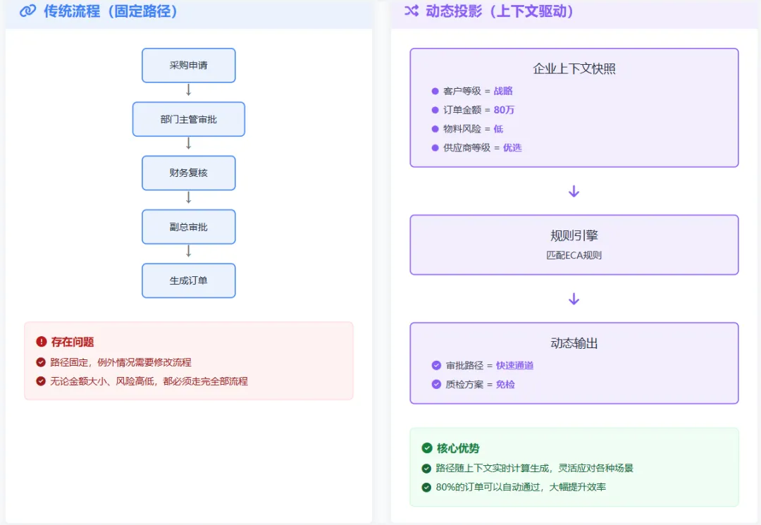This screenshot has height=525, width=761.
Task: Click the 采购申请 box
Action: [x=189, y=66]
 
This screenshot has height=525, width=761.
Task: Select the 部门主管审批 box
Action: [x=189, y=119]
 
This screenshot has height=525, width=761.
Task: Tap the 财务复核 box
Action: [x=189, y=173]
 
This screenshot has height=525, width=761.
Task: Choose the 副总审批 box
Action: [x=189, y=227]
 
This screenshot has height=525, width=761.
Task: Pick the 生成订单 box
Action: [x=189, y=281]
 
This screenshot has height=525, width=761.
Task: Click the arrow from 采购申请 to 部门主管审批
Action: [x=189, y=90]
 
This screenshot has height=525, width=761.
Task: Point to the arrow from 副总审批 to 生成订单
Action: [x=189, y=252]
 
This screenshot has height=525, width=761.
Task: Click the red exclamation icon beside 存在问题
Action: [x=42, y=342]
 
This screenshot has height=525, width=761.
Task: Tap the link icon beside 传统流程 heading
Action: [x=27, y=11]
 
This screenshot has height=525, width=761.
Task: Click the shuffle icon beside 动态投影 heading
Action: [x=412, y=11]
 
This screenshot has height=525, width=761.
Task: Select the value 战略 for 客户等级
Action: [x=503, y=91]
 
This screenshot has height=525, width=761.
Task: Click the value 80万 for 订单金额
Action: [x=504, y=110]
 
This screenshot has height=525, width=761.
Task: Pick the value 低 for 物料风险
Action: [x=498, y=128]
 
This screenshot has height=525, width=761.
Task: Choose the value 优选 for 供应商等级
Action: [x=512, y=147]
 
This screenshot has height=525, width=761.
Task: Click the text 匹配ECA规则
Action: [x=574, y=255]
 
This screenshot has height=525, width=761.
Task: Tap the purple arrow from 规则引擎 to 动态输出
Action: [x=574, y=299]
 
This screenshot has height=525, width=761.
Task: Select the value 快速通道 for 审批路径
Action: [x=514, y=365]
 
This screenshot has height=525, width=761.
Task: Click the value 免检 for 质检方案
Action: [x=505, y=384]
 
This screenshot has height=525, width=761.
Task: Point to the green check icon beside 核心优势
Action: [x=427, y=448]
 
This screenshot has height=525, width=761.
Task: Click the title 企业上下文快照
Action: [x=574, y=68]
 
